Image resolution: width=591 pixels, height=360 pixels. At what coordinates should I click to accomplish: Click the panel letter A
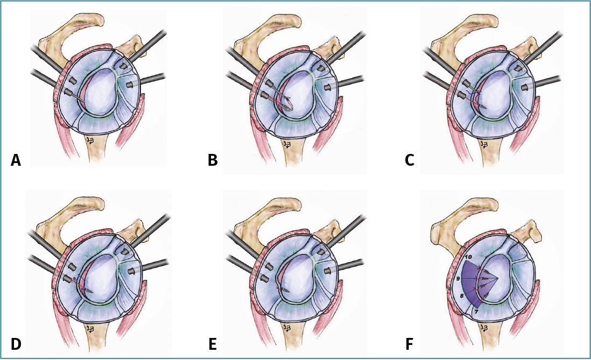coord(16,159)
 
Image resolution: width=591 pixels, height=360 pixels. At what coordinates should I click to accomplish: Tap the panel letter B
coord(213,159)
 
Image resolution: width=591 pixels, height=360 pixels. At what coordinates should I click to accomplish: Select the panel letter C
coord(410,159)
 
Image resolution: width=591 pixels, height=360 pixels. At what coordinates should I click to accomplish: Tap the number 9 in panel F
coord(457,279)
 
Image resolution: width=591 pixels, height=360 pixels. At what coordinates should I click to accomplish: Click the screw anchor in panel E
coord(284,289)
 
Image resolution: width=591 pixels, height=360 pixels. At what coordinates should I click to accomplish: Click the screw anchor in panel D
coord(86,290)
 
